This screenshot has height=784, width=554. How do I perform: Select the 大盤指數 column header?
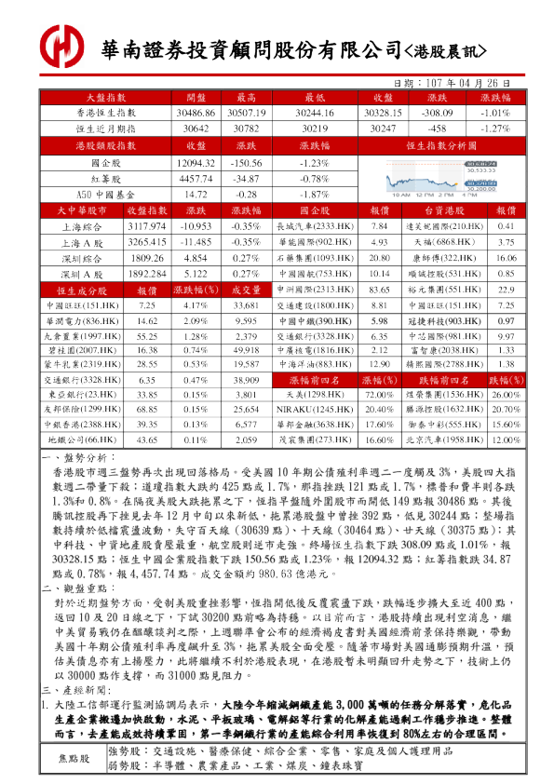coord(106,98)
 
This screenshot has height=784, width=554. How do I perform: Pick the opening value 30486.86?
coord(196,113)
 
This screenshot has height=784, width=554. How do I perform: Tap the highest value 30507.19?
coord(247,113)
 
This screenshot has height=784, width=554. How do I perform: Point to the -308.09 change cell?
coord(437,113)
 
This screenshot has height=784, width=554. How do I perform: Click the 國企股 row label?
coord(106,163)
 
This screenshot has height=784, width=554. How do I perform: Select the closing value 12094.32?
coord(196,163)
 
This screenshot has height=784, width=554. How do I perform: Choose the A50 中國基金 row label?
coord(106,195)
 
